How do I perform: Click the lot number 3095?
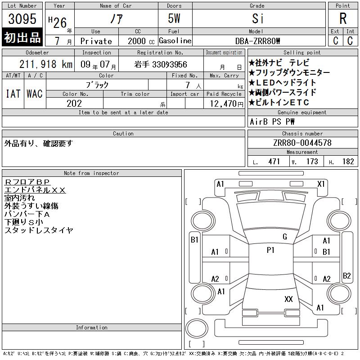[x=22, y=18]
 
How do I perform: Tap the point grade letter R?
[x=343, y=18]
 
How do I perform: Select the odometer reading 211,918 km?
[x=46, y=64]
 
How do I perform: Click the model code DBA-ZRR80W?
[x=257, y=41]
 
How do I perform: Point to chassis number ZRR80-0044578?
[x=302, y=143]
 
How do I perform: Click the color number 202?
[x=74, y=103]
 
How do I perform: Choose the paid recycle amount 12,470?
[x=226, y=104]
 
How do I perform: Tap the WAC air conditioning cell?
[x=35, y=94]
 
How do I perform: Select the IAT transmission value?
[x=13, y=94]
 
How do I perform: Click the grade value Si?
[x=257, y=18]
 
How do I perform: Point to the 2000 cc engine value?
[x=141, y=41]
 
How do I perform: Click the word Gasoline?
[x=175, y=40]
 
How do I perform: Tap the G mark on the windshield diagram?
[x=285, y=237]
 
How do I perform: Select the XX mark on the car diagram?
[x=288, y=299]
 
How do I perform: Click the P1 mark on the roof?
[x=270, y=250]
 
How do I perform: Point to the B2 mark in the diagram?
[x=346, y=275]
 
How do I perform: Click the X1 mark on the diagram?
[x=321, y=184]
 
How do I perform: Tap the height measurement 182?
[x=348, y=162]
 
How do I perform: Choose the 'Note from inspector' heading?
[x=91, y=173]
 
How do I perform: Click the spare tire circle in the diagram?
[x=197, y=328]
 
